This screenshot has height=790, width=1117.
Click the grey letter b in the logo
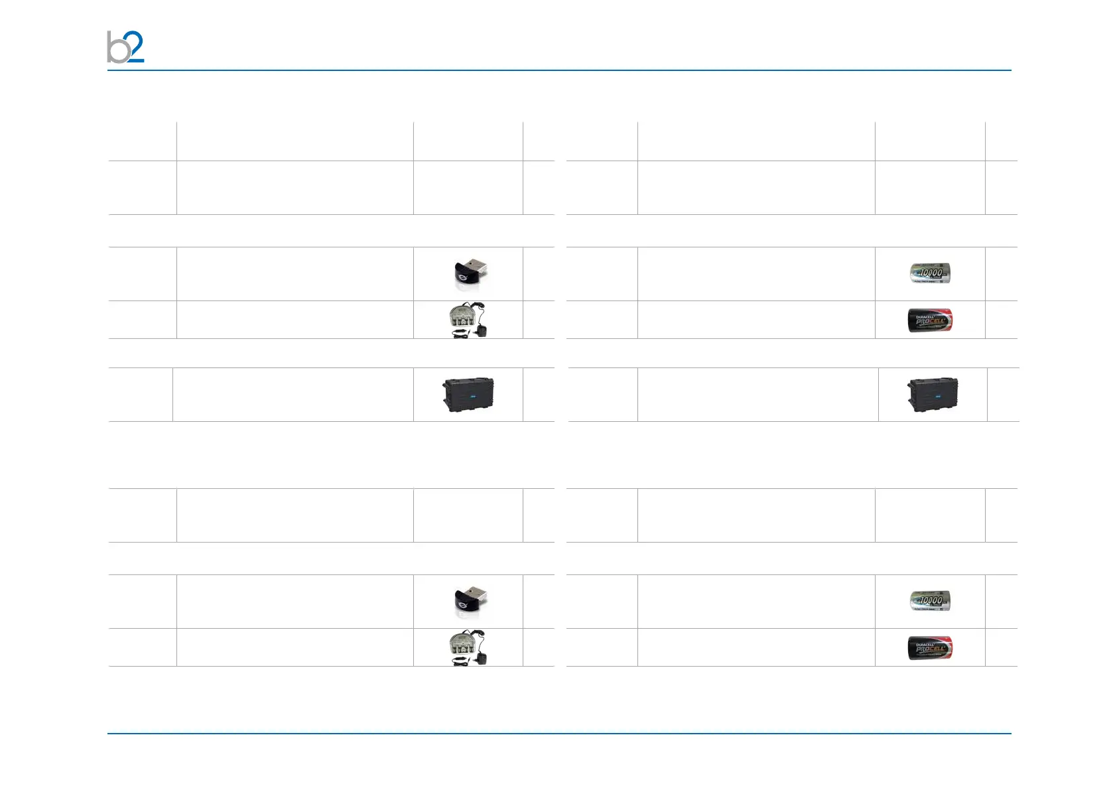pyautogui.click(x=117, y=48)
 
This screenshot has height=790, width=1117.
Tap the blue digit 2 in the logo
pyautogui.click(x=135, y=46)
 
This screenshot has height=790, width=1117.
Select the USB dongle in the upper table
pyautogui.click(x=469, y=273)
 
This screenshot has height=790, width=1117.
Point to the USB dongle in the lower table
pyautogui.click(x=469, y=601)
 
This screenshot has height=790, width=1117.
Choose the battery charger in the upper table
pyautogui.click(x=462, y=318)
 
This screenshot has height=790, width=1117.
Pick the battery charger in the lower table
pyautogui.click(x=462, y=647)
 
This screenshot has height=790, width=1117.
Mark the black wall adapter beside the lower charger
pyautogui.click(x=482, y=657)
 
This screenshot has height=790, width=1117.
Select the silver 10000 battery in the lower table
pyautogui.click(x=930, y=601)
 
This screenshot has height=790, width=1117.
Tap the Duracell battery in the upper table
pyautogui.click(x=930, y=320)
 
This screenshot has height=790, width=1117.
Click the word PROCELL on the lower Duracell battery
pyautogui.click(x=930, y=649)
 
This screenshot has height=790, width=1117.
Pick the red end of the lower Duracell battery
pyautogui.click(x=948, y=647)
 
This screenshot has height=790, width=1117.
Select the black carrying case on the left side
pyautogui.click(x=468, y=395)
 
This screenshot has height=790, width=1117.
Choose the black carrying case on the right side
pyautogui.click(x=933, y=395)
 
